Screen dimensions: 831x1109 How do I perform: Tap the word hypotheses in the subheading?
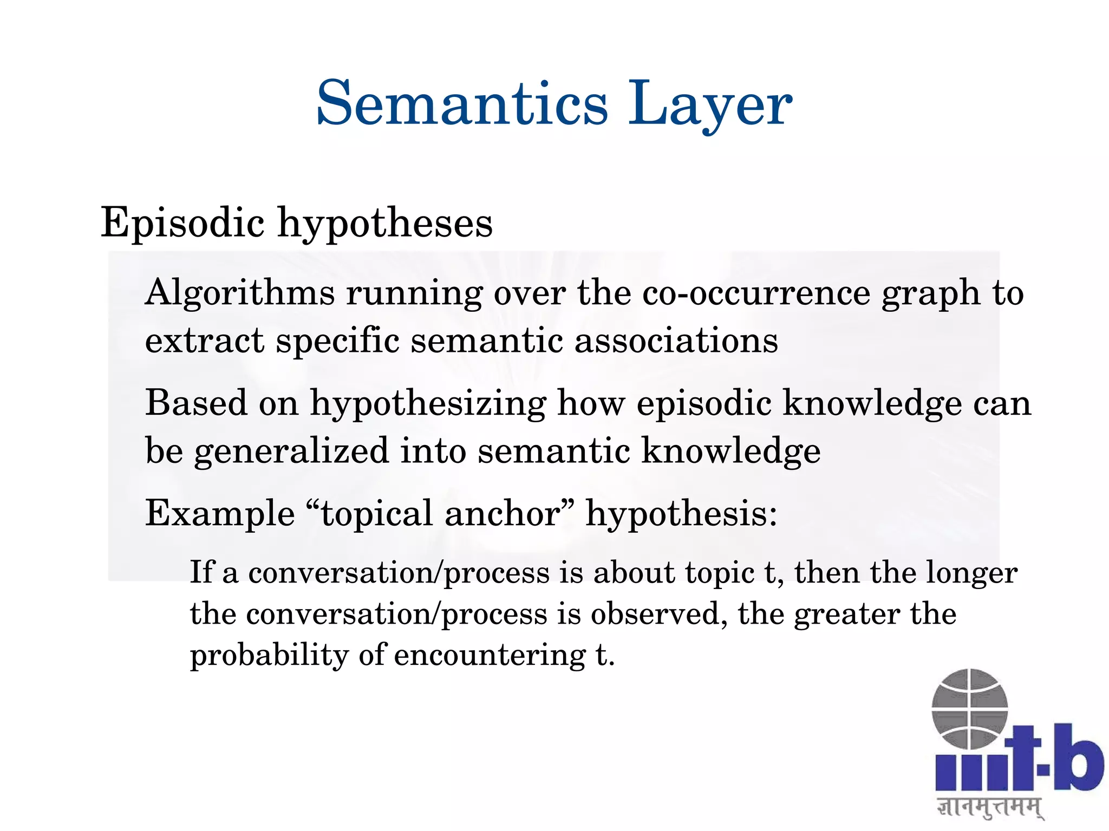pos(385,224)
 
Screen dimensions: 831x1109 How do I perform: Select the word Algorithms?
pos(240,294)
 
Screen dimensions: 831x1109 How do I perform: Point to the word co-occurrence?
pos(756,293)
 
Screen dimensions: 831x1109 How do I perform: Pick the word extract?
pos(205,341)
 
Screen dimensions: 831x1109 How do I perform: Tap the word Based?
pos(195,403)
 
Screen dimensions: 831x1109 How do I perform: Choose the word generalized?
pos(291,452)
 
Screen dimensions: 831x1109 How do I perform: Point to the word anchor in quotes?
pos(502,513)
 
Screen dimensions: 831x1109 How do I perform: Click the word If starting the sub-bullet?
pos(201,572)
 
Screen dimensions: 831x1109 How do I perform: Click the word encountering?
pos(490,655)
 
